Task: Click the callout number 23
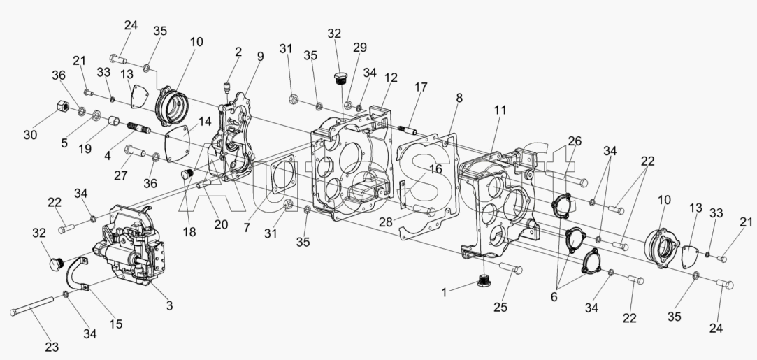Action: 52,347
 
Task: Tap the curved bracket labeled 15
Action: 77,274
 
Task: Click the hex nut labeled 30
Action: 62,105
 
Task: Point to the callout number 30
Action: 31,135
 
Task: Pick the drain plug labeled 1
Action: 484,280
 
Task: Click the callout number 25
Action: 500,307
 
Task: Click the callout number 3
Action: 169,305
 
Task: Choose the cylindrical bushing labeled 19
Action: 114,120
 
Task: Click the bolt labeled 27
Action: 135,152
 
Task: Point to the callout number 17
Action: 421,87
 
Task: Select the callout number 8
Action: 459,98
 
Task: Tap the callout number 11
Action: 500,110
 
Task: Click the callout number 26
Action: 575,141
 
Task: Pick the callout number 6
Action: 554,297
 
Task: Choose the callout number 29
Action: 360,48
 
